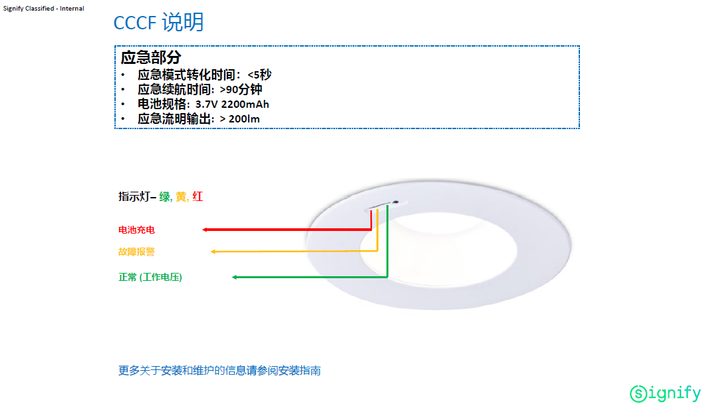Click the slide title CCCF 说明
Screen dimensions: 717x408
click(x=158, y=23)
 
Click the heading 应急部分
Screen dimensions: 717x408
click(x=151, y=57)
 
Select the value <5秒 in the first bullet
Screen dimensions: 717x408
click(x=259, y=75)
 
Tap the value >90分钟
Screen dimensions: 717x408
click(x=241, y=89)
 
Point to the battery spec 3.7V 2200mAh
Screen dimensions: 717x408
click(x=232, y=104)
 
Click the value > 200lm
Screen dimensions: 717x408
click(x=239, y=119)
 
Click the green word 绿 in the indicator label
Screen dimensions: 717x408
click(x=164, y=197)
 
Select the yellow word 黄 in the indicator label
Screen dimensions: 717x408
click(x=181, y=197)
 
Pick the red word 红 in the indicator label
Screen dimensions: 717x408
click(x=198, y=197)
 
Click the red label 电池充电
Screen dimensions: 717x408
click(x=137, y=230)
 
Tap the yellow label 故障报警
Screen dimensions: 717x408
click(x=137, y=252)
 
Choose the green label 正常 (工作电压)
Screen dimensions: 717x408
click(x=150, y=277)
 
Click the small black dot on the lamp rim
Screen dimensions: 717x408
click(x=396, y=202)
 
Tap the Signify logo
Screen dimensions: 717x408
click(x=665, y=393)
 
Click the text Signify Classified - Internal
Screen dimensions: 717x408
click(x=43, y=8)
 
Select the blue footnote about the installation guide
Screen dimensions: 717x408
click(x=219, y=371)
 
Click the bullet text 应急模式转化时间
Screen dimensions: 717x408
click(x=186, y=75)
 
